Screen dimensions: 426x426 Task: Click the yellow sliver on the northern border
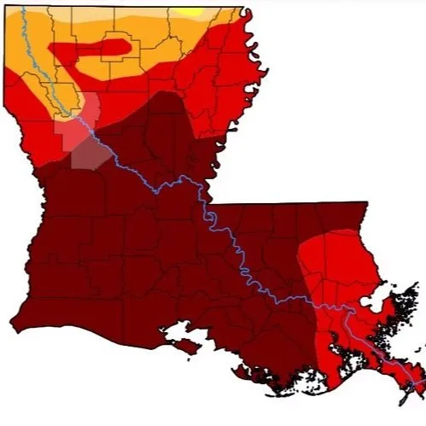point(192,12)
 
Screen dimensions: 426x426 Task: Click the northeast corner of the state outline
point(245,10)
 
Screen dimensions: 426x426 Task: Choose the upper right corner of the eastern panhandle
point(367,203)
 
